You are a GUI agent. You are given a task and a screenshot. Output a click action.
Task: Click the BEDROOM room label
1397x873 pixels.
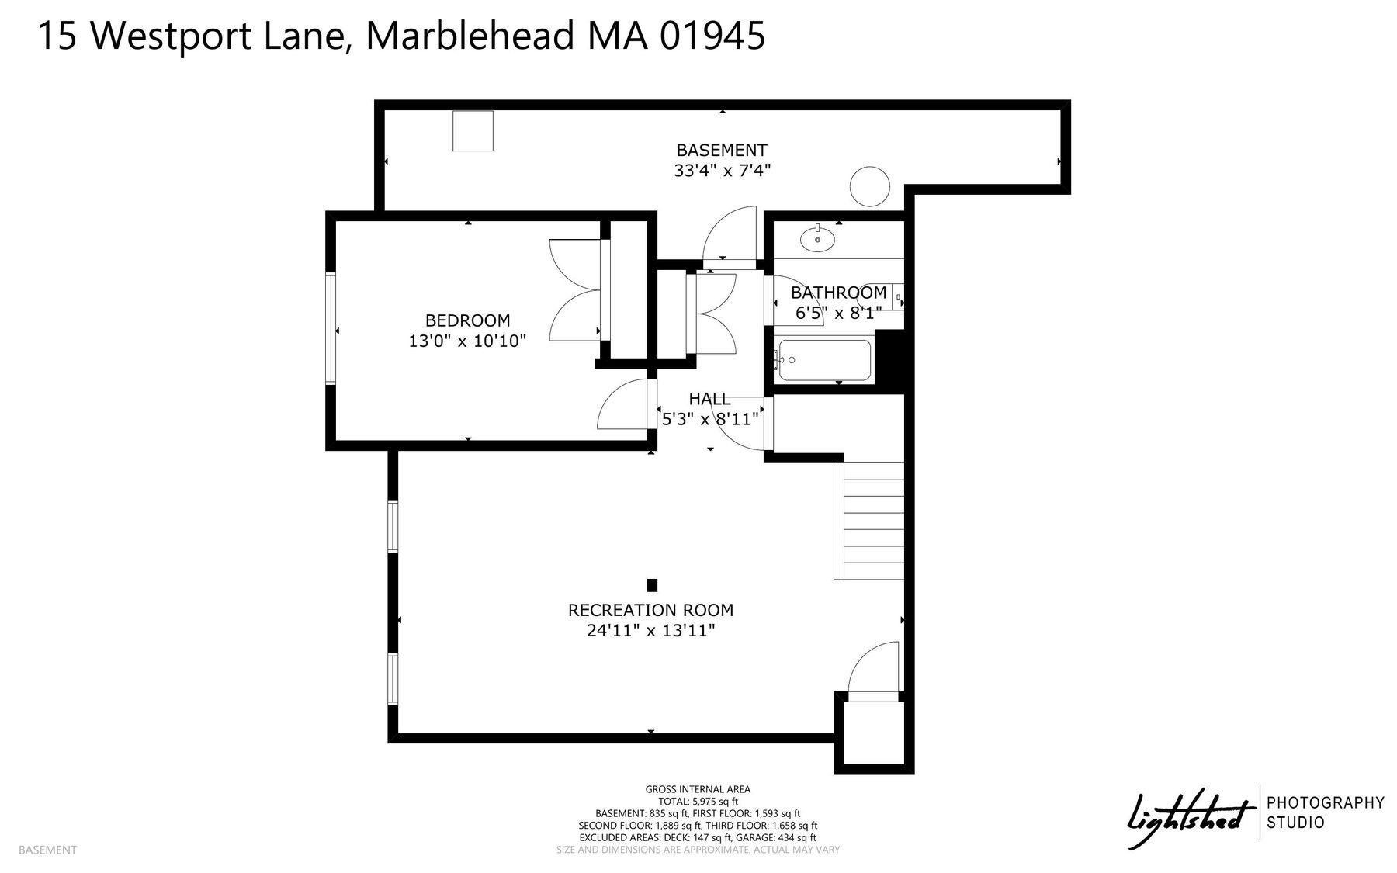pos(467,320)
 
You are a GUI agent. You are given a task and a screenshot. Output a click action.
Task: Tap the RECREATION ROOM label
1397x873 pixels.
pos(650,611)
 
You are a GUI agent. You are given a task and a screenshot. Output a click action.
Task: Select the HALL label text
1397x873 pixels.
pos(709,399)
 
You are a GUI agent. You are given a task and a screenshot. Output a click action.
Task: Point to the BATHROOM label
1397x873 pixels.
pos(838,293)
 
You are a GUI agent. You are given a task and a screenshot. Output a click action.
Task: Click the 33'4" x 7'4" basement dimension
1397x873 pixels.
pos(722,170)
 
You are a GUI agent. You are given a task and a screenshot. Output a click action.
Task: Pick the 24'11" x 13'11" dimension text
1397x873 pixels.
pos(650,631)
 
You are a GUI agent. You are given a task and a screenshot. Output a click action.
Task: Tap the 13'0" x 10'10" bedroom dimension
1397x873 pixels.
pos(467,341)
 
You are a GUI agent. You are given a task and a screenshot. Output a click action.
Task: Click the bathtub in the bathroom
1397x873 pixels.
pos(824,360)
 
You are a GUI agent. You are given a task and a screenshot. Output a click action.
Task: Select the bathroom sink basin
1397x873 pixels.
pos(818,238)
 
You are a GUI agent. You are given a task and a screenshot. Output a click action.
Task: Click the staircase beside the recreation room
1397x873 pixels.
pos(869,521)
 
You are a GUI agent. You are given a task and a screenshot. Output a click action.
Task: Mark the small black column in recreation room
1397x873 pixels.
pos(652,585)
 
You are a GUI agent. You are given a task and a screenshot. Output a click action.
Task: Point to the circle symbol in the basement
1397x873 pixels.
pos(870,186)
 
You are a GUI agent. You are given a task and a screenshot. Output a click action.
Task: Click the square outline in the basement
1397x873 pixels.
pos(473,130)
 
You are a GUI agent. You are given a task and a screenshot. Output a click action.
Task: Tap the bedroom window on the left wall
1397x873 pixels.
pos(331,328)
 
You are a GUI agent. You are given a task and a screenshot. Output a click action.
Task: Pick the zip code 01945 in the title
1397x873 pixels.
pos(712,36)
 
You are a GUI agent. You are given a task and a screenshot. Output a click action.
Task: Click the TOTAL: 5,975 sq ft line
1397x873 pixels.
pos(698,802)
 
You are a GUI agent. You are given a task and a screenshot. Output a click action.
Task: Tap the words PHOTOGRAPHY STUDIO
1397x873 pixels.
pos(1326,812)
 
